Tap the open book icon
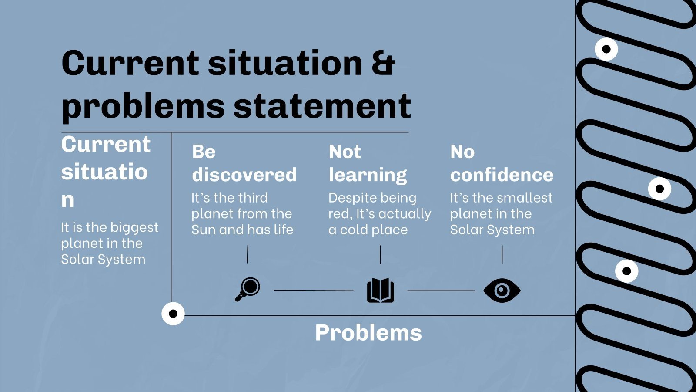tap(381, 291)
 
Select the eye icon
tap(502, 291)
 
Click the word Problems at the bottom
tap(368, 333)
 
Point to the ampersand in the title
tap(383, 63)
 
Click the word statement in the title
tap(322, 106)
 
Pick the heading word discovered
tap(244, 175)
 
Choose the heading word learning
tap(368, 175)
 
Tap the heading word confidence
tap(502, 175)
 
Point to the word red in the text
tap(339, 214)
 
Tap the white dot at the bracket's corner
tap(173, 314)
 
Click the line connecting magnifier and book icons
tap(314, 290)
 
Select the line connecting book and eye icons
tap(441, 291)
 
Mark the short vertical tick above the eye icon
tap(502, 254)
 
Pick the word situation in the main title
tap(285, 63)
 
